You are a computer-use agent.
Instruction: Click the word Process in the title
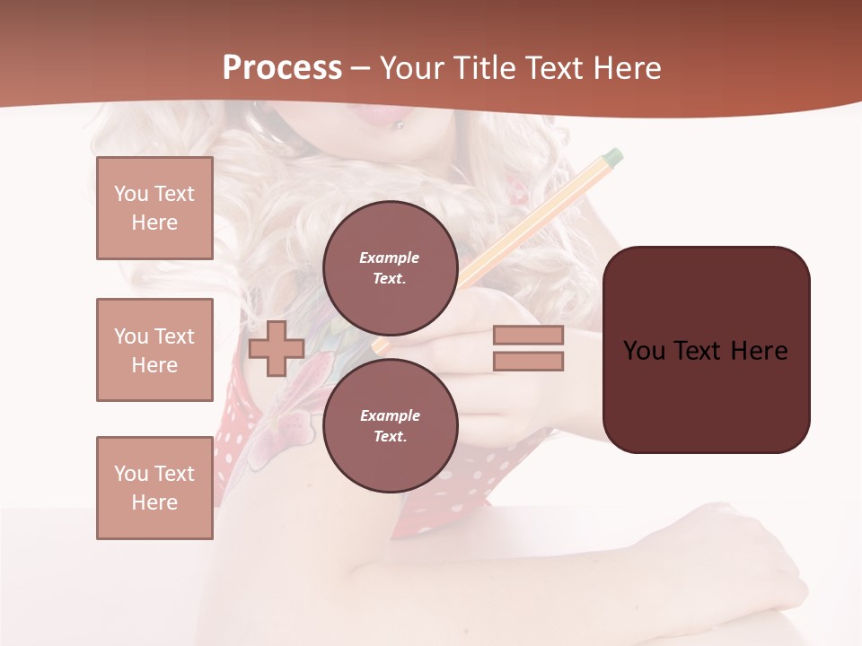coord(282,68)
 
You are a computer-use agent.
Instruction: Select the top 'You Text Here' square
coord(154,208)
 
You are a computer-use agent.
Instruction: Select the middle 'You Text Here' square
coord(154,350)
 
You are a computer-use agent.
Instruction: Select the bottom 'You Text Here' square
coord(154,488)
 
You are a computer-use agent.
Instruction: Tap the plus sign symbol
coord(277,348)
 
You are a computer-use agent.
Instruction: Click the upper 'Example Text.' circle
coord(390,267)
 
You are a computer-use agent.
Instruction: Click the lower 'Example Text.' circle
coord(390,425)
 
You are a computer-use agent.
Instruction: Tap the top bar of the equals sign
coord(528,336)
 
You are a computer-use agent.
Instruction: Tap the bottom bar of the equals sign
coord(528,362)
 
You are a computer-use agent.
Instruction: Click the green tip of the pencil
coord(613,158)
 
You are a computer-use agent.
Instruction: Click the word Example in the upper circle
coord(389,258)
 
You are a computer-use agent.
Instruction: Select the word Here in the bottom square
coord(154,502)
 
